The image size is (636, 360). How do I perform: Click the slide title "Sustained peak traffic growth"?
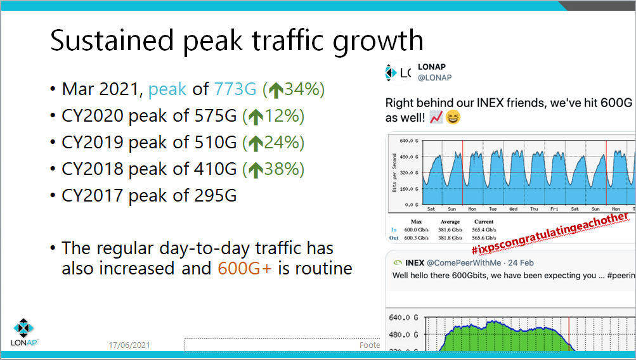coord(237,41)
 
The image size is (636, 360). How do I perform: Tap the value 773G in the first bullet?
coord(235,89)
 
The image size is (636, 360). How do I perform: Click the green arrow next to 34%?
coord(275,90)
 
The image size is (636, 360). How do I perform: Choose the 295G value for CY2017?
coord(213,196)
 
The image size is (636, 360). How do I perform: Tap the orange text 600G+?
coord(245,268)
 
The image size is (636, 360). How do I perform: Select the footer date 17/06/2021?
coord(129,345)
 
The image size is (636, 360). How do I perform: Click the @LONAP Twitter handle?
coord(434,78)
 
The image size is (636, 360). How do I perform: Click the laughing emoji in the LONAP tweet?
coord(453,118)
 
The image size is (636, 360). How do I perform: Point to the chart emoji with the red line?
coord(436,118)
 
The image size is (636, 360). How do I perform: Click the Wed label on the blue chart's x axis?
coord(513,208)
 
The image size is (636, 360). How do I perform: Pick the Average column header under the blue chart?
coord(451,222)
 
